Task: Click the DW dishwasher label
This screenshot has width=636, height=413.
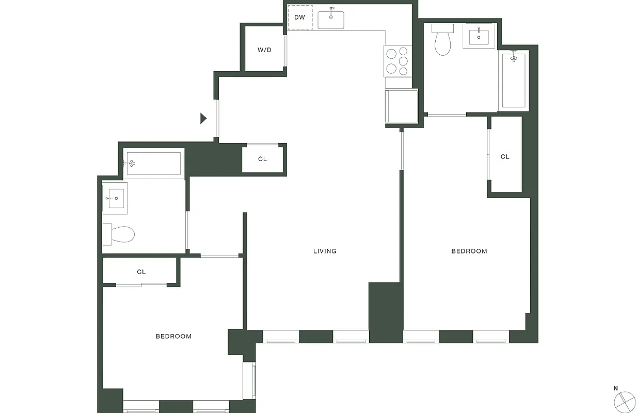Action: (299, 18)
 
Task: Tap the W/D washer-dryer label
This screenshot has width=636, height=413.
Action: (264, 50)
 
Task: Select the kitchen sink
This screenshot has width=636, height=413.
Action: (331, 20)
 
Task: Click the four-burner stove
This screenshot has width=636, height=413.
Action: (397, 60)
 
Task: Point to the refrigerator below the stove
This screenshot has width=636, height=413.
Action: (401, 106)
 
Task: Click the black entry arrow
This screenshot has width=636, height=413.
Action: (203, 119)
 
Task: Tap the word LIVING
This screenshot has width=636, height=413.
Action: (325, 251)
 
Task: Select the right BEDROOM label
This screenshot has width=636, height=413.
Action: (469, 251)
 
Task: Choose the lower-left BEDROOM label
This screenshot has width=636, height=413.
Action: (173, 337)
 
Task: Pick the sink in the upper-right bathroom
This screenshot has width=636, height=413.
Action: (479, 36)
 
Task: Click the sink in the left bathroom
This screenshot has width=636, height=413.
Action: (115, 198)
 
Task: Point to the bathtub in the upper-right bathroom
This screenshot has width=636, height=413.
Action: (513, 81)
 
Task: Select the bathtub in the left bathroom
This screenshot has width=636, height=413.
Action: (153, 164)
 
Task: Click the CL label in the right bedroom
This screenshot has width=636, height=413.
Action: (505, 157)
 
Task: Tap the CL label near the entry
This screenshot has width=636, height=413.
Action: (262, 159)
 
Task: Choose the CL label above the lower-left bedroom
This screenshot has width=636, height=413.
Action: (141, 272)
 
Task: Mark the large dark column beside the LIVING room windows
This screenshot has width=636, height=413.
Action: (385, 312)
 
